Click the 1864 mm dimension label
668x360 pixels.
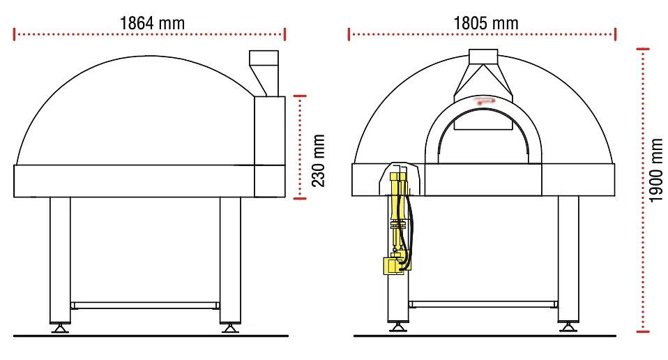click(x=152, y=22)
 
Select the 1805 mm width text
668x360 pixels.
click(x=486, y=22)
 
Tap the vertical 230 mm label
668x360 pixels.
click(x=318, y=160)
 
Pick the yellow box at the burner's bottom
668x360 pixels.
click(x=391, y=266)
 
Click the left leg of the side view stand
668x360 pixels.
click(x=60, y=258)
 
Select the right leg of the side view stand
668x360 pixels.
click(x=230, y=258)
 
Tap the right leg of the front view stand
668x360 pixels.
click(x=568, y=258)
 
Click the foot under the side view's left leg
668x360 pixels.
click(x=60, y=327)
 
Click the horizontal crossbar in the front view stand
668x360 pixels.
click(x=483, y=303)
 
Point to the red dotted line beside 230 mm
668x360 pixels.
click(x=300, y=147)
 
